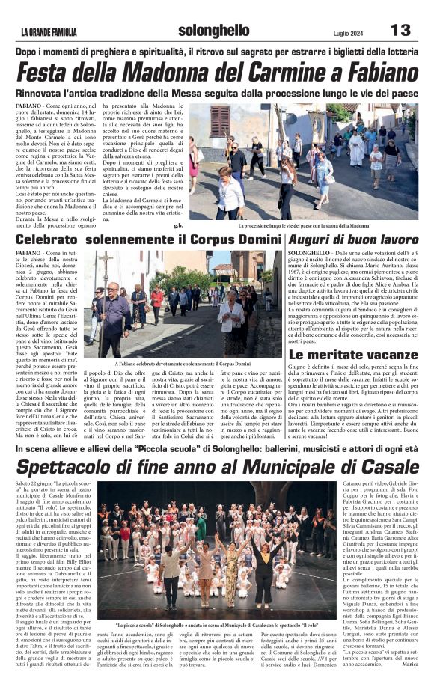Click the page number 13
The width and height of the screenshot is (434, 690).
400,30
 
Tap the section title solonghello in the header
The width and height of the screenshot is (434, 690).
214,31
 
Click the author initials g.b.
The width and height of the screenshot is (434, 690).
177,224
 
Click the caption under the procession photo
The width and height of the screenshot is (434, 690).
303,225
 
